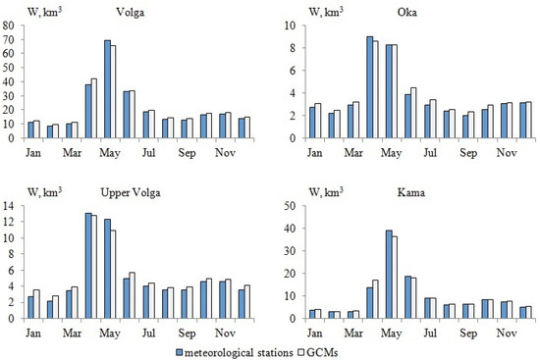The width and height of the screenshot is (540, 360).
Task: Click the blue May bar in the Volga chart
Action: (x=106, y=89)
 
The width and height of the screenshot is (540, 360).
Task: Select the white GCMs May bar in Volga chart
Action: (x=113, y=91)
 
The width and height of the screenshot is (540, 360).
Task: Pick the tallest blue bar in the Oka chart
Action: (x=369, y=87)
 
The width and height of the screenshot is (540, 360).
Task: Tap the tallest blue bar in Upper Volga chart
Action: (x=87, y=266)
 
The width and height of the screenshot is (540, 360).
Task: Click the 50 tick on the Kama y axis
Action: (x=292, y=206)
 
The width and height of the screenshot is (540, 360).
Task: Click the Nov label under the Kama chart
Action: (x=507, y=333)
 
